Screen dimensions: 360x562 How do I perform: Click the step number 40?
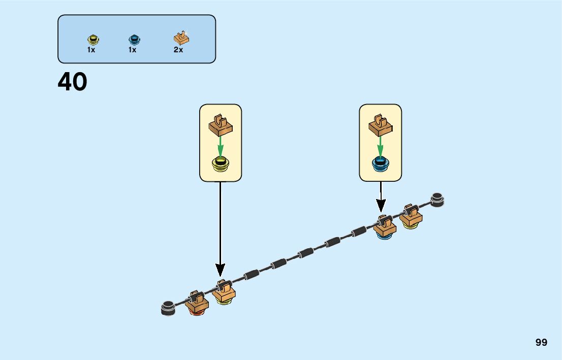(x=72, y=82)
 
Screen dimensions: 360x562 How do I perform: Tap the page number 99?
(x=541, y=342)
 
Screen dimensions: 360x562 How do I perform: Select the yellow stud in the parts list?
(x=92, y=39)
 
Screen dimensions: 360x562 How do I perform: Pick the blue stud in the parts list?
(x=134, y=39)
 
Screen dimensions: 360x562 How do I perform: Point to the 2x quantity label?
(x=178, y=50)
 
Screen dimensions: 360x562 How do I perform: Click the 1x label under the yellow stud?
(x=91, y=50)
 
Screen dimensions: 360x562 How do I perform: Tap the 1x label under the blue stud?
(x=132, y=50)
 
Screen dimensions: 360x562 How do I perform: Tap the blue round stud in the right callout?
(x=380, y=163)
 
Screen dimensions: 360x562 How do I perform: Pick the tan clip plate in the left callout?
(x=221, y=125)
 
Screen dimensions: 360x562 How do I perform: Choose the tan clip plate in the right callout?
(x=381, y=125)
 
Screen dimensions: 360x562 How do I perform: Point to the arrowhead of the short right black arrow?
(x=381, y=206)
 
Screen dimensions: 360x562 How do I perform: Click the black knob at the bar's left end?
(x=167, y=308)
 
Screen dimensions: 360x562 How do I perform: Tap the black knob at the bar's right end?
(x=438, y=200)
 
